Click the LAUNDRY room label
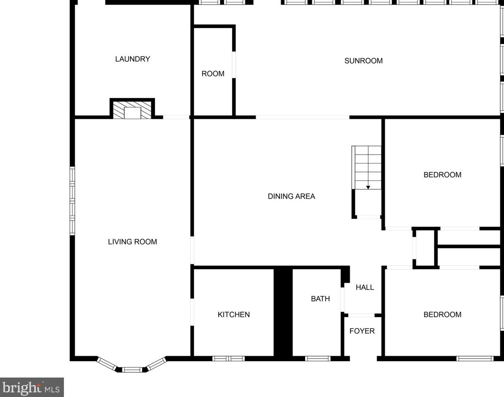pos(132,59)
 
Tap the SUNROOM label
pos(363,61)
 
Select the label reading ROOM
pos(213,74)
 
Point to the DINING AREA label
pos(291,196)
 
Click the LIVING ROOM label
pos(132,242)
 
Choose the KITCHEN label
pos(233,315)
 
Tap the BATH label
pos(320,298)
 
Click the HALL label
pos(365,287)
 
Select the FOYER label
pos(362,331)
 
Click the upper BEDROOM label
pos(442,175)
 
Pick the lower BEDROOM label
pos(442,315)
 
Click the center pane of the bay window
pos(132,369)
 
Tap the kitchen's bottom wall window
pos(228,358)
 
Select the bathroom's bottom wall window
pos(318,358)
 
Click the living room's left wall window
pos(73,201)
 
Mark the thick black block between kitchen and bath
pos(283,312)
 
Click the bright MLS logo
pos(32,388)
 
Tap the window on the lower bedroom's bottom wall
pos(475,358)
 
